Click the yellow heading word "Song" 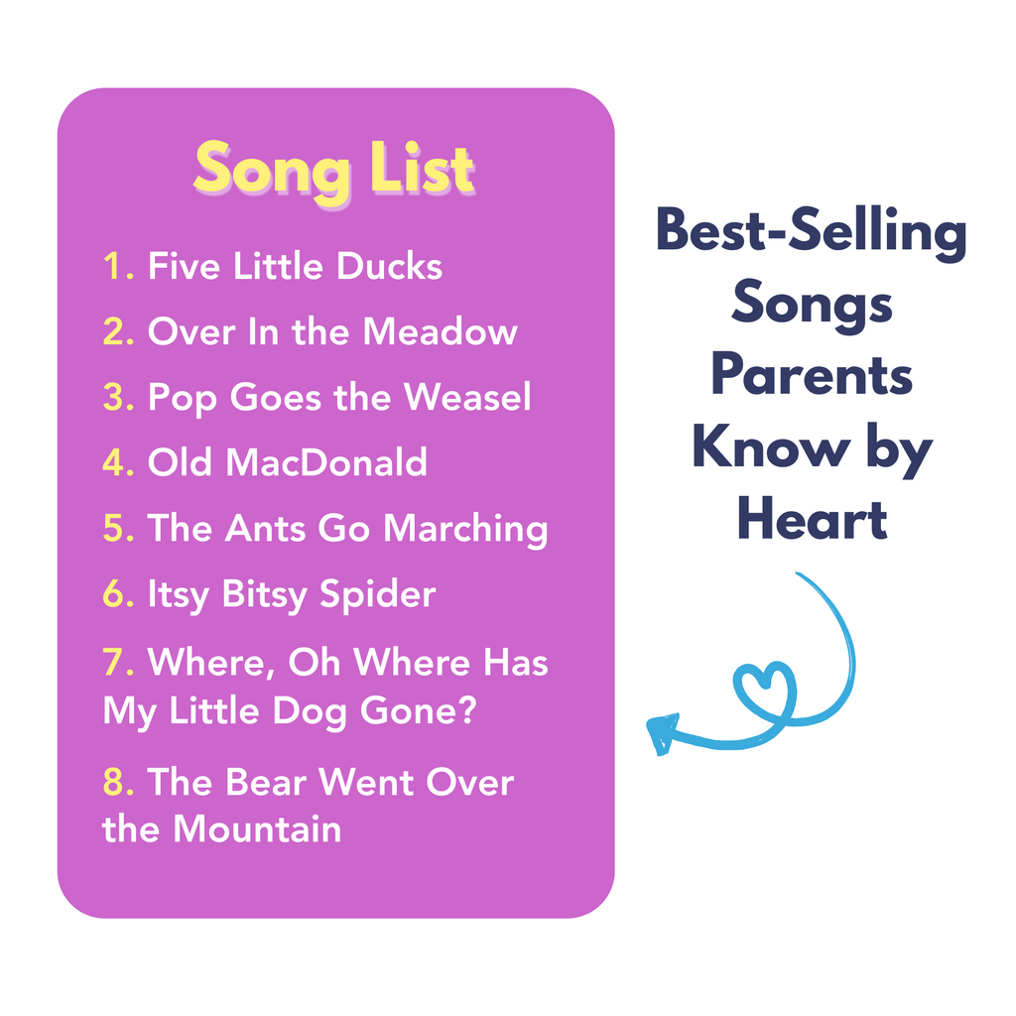point(272,171)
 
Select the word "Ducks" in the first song point(389,266)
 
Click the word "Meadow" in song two point(440,331)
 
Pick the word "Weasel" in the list point(466,397)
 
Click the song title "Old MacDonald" point(287,462)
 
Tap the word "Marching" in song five point(465,530)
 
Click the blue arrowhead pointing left point(662,733)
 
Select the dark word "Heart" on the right point(812,518)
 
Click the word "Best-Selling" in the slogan point(812,233)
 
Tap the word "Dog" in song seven point(310,712)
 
